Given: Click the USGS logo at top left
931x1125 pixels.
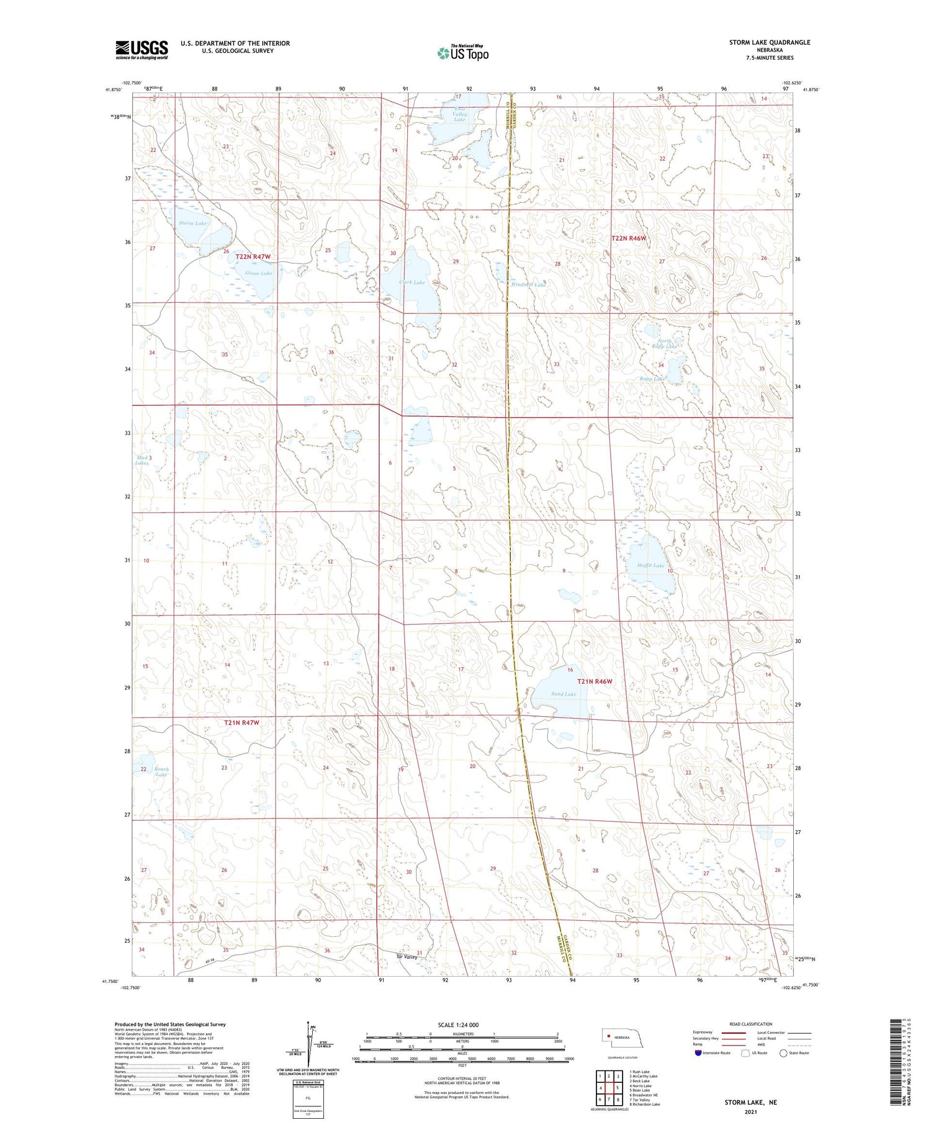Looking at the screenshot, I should [142, 50].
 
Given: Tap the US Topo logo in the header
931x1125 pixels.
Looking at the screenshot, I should [463, 53].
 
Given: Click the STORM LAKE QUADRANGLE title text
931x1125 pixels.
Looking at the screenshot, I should [770, 42].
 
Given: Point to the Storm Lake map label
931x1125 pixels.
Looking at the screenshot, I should [192, 223].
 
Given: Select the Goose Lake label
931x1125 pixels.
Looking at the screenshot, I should [258, 273].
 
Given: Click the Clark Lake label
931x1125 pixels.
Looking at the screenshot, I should [412, 282].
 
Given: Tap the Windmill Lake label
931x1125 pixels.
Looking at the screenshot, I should [528, 285].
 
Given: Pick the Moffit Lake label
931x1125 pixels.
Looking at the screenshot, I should [650, 565].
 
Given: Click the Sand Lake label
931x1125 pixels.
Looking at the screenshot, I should [563, 694].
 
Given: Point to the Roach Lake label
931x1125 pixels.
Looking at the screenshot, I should [161, 771].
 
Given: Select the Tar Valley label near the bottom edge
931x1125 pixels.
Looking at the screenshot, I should [407, 957].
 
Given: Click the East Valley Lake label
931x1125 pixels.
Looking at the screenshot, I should [459, 114].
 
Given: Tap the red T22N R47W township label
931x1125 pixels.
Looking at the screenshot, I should [253, 257].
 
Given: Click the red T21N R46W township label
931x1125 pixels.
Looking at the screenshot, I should [595, 681].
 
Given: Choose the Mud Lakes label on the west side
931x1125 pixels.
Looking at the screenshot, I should [142, 460].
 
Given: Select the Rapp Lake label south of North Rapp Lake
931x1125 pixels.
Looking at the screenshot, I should [652, 379].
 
